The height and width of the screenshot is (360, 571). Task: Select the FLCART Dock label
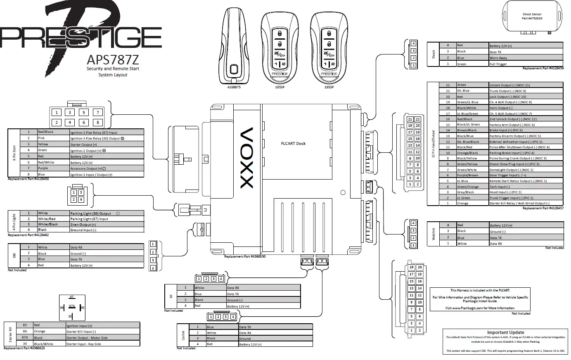(293, 144)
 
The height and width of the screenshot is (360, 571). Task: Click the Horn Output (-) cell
(525, 108)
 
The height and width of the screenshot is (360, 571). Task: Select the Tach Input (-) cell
(525, 187)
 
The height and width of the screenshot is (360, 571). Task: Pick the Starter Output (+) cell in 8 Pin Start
(107, 144)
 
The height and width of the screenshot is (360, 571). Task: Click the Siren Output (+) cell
(107, 225)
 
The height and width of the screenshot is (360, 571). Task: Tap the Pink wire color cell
(53, 138)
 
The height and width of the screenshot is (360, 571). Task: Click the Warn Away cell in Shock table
(525, 58)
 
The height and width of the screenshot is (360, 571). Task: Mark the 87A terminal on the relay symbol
(72, 306)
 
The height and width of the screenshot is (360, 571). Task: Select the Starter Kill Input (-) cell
(102, 332)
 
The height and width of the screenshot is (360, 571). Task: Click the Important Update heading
(505, 332)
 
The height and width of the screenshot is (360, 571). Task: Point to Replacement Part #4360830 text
(245, 256)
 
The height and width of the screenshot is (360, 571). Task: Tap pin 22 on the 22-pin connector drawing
(418, 119)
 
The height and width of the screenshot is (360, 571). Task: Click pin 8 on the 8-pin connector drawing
(98, 122)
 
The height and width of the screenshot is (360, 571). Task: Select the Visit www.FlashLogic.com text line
(480, 308)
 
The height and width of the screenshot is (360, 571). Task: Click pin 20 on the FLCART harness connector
(419, 268)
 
